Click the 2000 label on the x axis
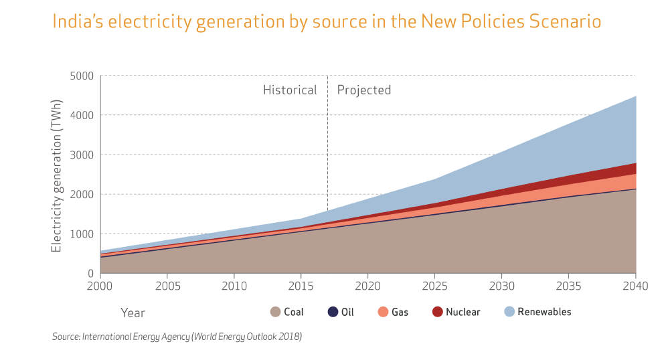coord(100,286)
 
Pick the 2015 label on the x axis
coord(301,286)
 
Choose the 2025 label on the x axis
coord(434,286)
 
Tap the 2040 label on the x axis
coord(635,286)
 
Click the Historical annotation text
coord(290,90)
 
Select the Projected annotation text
coord(363,90)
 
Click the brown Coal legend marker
coord(275,312)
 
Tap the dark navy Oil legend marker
coord(333,312)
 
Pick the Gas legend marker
coord(383,312)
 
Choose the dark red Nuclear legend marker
coord(437,312)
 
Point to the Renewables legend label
coord(544,312)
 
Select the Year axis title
coord(133,312)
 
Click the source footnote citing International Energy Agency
coord(177,337)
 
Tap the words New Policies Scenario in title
coord(511,22)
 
